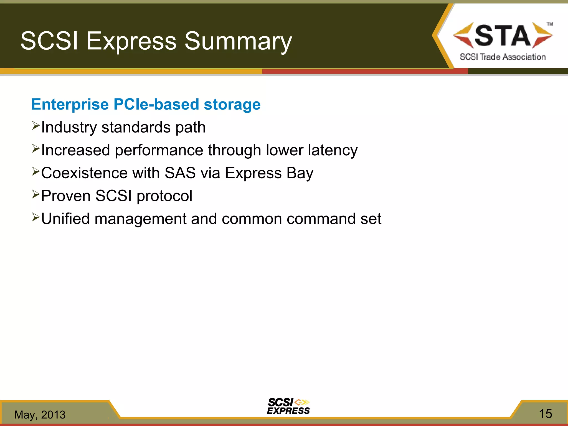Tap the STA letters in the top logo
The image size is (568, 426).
coord(503,35)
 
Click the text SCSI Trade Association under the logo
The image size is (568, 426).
coord(503,57)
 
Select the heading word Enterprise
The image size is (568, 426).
coord(70,105)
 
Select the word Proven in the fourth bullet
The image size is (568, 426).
coord(66,196)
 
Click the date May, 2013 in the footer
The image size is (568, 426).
coord(40,415)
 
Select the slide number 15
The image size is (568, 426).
coord(545,414)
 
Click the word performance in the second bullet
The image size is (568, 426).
coord(159,150)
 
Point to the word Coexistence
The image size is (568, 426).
coord(84,173)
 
